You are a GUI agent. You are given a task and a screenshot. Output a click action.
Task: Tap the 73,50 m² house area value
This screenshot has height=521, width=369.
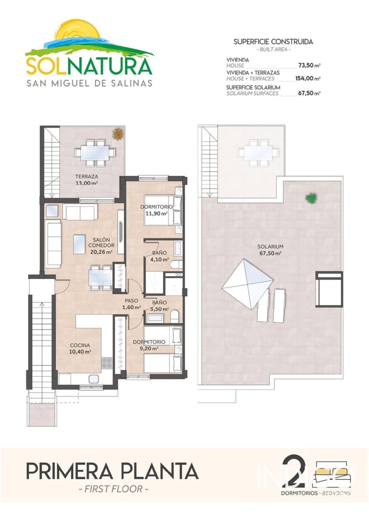(309, 66)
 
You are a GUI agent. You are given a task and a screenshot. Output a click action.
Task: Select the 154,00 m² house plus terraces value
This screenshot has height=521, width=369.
(309, 79)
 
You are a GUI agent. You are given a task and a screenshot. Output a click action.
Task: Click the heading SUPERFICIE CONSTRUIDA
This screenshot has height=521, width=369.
(273, 42)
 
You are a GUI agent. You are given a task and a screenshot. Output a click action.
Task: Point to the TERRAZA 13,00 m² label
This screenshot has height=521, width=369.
(86, 180)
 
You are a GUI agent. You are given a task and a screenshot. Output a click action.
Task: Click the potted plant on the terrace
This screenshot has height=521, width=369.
(117, 134)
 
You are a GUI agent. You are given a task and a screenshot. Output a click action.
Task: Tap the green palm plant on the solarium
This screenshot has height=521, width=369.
(310, 198)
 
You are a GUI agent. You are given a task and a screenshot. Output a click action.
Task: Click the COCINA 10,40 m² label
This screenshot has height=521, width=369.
(80, 349)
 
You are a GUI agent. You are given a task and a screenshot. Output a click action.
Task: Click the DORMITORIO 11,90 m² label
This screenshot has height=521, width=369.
(156, 210)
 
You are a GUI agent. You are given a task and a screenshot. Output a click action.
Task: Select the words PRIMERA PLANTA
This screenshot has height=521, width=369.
(113, 471)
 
